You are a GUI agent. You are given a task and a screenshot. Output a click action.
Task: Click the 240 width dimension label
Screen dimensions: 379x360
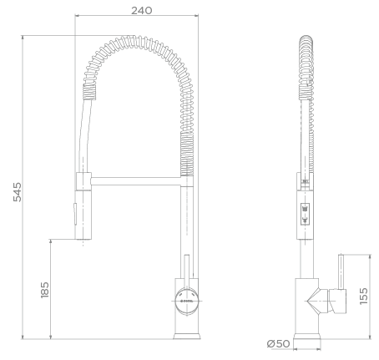[142, 11]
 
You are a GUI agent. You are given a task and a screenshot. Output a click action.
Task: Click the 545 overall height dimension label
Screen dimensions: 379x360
[18, 192]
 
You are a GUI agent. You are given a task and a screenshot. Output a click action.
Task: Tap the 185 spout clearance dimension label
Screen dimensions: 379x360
[44, 290]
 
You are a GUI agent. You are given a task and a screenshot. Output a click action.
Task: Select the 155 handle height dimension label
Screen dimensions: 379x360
[363, 296]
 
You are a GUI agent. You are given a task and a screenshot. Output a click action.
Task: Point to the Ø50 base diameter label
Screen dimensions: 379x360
[278, 343]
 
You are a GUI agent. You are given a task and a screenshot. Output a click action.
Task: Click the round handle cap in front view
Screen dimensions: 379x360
[187, 301]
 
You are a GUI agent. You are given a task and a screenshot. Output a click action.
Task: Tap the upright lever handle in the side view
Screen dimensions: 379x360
[341, 271]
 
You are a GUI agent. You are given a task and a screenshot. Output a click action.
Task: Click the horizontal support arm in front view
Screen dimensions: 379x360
[136, 181]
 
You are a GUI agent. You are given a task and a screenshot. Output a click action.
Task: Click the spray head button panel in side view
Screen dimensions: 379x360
[305, 214]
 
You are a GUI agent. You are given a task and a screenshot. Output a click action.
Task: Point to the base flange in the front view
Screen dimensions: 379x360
[187, 336]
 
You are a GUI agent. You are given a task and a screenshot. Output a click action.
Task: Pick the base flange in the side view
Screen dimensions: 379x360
[307, 337]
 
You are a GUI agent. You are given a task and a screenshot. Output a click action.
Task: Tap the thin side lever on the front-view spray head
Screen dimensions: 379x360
[74, 214]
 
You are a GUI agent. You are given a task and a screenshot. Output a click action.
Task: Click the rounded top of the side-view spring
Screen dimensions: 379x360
[306, 40]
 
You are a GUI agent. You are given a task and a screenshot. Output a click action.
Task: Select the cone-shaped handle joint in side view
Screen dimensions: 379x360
[318, 302]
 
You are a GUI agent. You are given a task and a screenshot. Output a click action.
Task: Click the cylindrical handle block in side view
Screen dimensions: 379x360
[338, 302]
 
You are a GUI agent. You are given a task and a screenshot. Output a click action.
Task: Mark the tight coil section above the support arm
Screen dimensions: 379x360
[187, 154]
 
